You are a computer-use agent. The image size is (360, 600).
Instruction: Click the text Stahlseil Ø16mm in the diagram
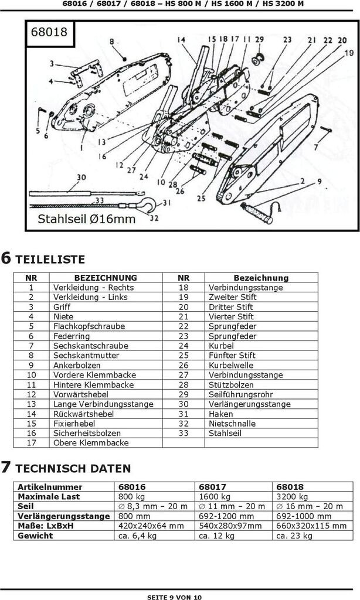pos(87,219)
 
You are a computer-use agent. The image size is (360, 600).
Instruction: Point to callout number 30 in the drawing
pos(81,178)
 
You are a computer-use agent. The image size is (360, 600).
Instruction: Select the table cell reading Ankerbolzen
pos(77,365)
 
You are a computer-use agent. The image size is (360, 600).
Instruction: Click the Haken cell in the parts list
pos(220,414)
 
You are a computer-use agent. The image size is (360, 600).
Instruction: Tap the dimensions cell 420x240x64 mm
pos(151,526)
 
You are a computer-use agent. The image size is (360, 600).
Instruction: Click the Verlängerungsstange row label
pos(63,516)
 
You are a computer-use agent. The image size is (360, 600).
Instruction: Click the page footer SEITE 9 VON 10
pos(174,596)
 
